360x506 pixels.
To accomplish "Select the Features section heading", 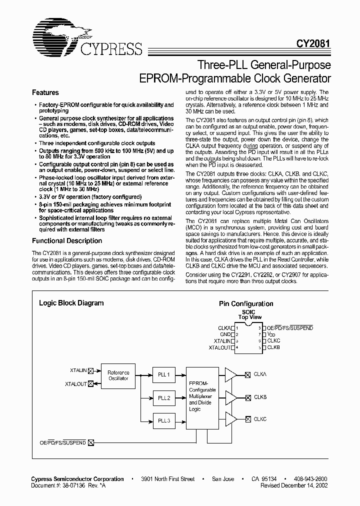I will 45,92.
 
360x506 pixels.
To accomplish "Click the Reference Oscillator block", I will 118,375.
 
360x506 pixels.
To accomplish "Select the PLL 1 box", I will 164,374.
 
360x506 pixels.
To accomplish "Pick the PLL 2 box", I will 164,398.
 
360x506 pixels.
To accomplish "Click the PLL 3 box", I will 164,421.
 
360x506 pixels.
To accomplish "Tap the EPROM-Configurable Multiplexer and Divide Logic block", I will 202,398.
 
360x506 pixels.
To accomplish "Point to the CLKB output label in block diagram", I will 260,397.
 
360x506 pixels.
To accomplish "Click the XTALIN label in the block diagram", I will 78,370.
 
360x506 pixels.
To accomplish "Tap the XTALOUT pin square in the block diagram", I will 91,383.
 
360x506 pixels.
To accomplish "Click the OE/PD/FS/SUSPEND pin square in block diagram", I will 90,442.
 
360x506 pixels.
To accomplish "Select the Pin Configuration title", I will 246,303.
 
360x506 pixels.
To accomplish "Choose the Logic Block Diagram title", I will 71,303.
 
